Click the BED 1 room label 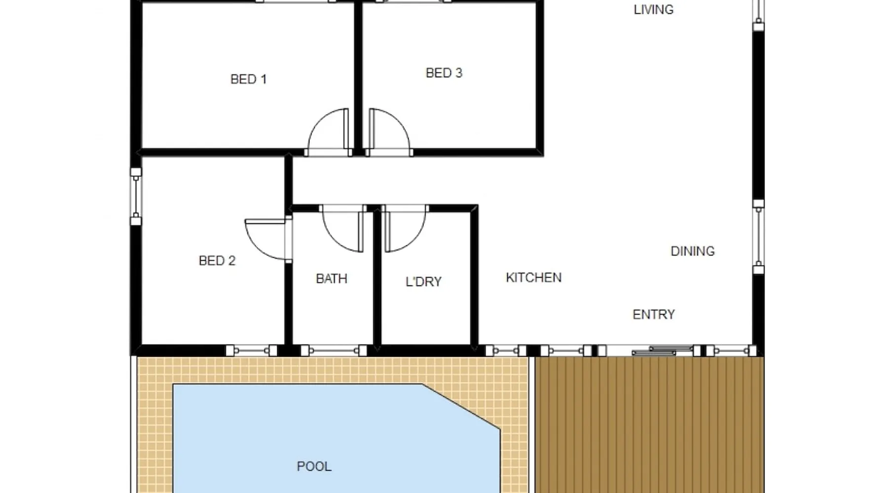click(x=249, y=79)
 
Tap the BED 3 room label click(x=444, y=73)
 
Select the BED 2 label click(x=217, y=261)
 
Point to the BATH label click(x=332, y=279)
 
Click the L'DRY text click(x=423, y=282)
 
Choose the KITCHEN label click(x=534, y=278)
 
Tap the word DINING click(x=693, y=251)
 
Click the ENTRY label click(x=654, y=315)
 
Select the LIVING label click(x=654, y=9)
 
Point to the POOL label click(x=314, y=466)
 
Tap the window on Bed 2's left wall click(x=136, y=196)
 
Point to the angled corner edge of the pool click(x=461, y=407)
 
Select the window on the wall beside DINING click(x=759, y=237)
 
